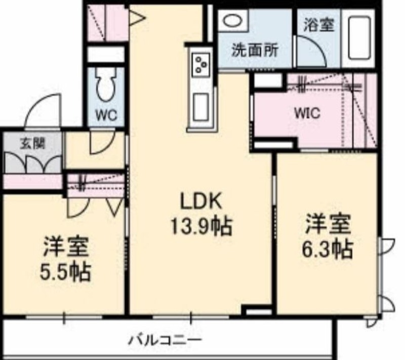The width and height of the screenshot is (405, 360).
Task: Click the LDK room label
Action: pyautogui.click(x=200, y=201)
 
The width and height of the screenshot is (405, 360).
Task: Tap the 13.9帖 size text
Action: pyautogui.click(x=201, y=226)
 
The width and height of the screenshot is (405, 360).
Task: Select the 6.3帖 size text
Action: pyautogui.click(x=327, y=249)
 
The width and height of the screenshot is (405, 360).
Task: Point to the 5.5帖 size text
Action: pyautogui.click(x=65, y=272)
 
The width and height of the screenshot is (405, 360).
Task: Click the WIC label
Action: pyautogui.click(x=307, y=113)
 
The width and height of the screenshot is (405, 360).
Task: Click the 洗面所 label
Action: pyautogui.click(x=255, y=50)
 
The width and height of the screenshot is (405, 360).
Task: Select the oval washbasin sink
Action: pyautogui.click(x=233, y=20)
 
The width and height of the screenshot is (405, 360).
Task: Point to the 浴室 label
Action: pyautogui.click(x=319, y=25)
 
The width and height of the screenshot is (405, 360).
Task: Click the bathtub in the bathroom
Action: pyautogui.click(x=359, y=37)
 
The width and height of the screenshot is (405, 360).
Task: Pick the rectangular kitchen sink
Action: pyautogui.click(x=201, y=107)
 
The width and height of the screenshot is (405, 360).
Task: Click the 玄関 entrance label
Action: pyautogui.click(x=33, y=143)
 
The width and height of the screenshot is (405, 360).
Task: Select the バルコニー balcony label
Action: pyautogui.click(x=165, y=340)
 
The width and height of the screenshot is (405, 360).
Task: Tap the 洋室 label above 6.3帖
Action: pyautogui.click(x=328, y=224)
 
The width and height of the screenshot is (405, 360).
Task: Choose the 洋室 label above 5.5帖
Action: pyautogui.click(x=66, y=247)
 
